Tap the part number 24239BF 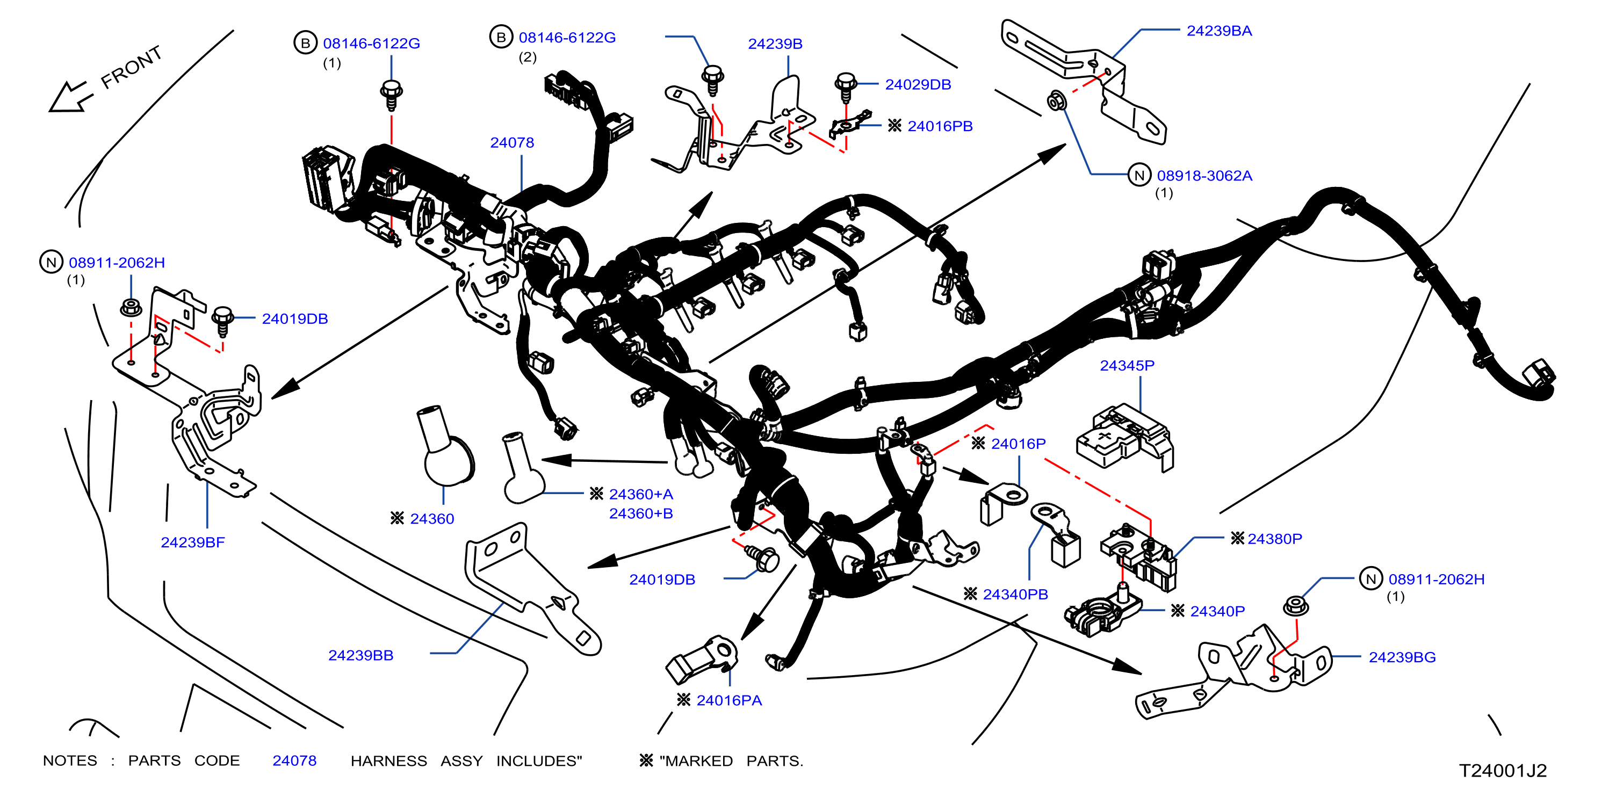pyautogui.click(x=192, y=542)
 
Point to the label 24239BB pyautogui.click(x=360, y=655)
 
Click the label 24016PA pyautogui.click(x=729, y=700)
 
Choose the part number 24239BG pyautogui.click(x=1402, y=657)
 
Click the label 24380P pyautogui.click(x=1274, y=539)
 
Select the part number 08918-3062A pyautogui.click(x=1204, y=176)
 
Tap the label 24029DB pyautogui.click(x=918, y=84)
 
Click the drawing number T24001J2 pyautogui.click(x=1502, y=771)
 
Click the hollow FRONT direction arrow pyautogui.click(x=70, y=97)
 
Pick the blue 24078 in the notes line pyautogui.click(x=294, y=761)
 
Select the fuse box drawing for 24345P pyautogui.click(x=1124, y=437)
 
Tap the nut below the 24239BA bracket pyautogui.click(x=1056, y=100)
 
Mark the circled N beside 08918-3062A pyautogui.click(x=1139, y=175)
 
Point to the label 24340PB pyautogui.click(x=1015, y=594)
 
